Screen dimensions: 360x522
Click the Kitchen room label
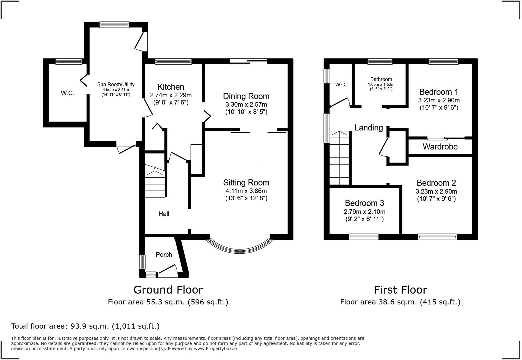tap(171, 87)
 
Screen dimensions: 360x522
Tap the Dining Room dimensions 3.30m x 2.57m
tap(246, 104)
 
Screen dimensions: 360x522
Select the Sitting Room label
tap(246, 182)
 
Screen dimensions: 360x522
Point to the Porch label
tap(164, 255)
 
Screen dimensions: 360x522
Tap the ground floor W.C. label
tap(67, 93)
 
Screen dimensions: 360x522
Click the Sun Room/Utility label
tap(116, 85)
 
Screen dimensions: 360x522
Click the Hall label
tap(164, 214)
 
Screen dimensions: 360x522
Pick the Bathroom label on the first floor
tap(381, 79)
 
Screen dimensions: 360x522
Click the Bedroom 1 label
tap(439, 92)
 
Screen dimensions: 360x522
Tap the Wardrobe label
tap(440, 147)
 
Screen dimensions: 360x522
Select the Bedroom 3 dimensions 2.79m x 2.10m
tap(364, 212)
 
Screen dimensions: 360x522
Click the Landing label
tap(369, 128)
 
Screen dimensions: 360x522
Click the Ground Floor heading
tap(168, 290)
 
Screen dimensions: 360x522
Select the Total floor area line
tap(85, 326)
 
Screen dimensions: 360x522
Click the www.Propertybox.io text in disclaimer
tap(215, 349)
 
